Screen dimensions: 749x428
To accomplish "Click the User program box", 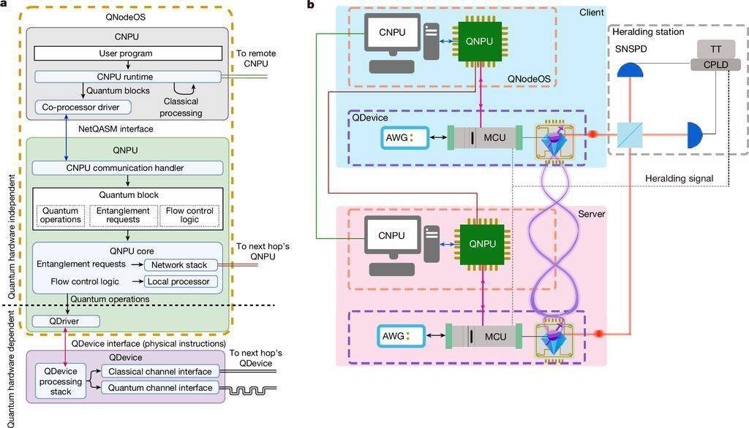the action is (128, 53).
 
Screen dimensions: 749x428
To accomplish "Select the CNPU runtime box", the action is (128, 77).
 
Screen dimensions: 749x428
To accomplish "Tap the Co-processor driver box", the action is (83, 107).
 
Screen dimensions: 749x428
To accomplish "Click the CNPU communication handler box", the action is (127, 168).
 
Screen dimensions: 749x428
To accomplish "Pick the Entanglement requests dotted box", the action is (123, 215).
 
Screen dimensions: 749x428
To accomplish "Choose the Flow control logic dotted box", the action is (189, 215).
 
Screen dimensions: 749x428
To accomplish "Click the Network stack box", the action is (181, 265).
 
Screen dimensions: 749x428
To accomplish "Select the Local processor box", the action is (181, 281).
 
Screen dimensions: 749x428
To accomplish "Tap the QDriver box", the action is (66, 321).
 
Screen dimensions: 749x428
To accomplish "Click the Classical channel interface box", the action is (160, 371).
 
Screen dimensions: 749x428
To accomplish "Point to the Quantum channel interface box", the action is (160, 388).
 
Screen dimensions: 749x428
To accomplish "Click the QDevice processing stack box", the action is (61, 381).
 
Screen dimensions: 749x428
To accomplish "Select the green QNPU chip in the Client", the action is (480, 42).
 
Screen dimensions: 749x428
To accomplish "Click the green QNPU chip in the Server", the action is (482, 244).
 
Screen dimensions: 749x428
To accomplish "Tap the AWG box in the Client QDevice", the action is (404, 138).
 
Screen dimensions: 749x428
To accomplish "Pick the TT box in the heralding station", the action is (715, 49).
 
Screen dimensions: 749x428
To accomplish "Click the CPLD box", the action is (715, 65).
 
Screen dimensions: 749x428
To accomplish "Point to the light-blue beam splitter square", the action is (630, 135).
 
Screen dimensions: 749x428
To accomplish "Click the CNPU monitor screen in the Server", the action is (392, 236).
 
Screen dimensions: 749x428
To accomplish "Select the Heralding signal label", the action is (679, 178).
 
